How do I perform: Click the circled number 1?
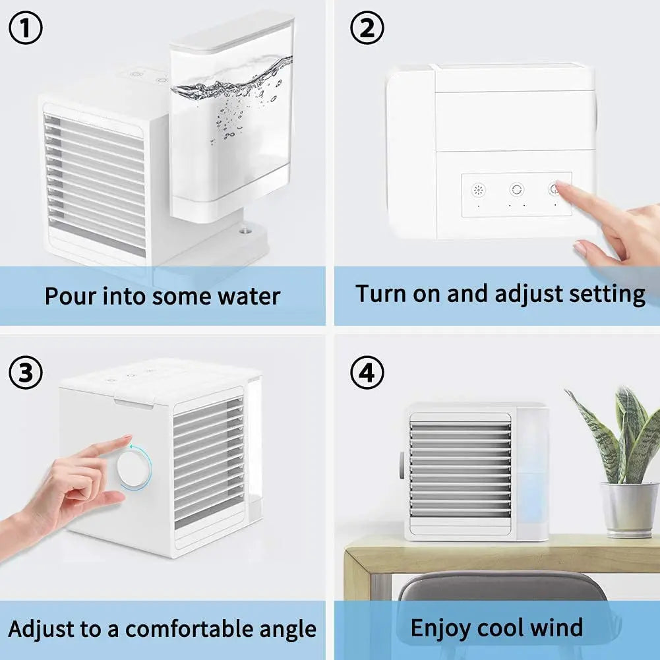point(26,28)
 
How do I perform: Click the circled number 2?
point(367,28)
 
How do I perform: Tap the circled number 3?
point(26,373)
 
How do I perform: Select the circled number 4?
point(367,373)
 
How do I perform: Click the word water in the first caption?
point(249,296)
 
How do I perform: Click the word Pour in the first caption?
point(71,296)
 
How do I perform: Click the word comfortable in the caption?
point(190,629)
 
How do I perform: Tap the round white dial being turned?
point(133,467)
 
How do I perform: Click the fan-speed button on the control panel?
point(478,191)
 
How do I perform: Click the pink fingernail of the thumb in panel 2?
point(579,247)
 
